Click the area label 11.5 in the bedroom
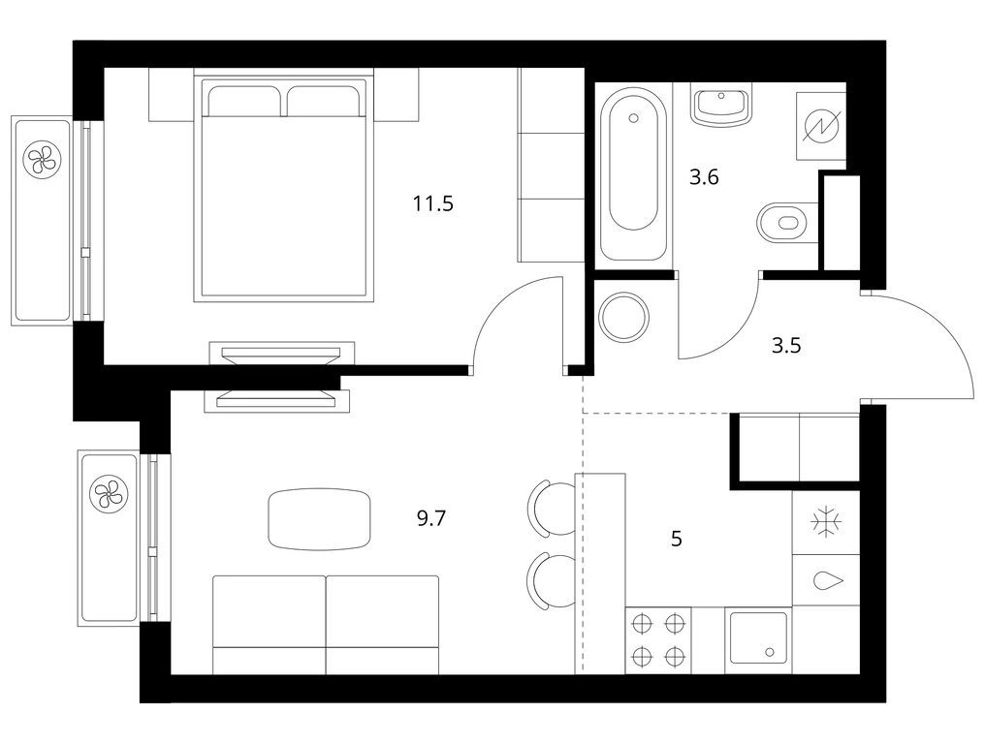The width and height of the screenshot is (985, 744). pos(432,203)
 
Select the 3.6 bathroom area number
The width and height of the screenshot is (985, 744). pos(704,177)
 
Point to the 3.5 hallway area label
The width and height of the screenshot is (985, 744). pos(786,345)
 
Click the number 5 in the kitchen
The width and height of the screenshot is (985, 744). pos(677,539)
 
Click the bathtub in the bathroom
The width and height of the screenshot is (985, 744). pos(633,174)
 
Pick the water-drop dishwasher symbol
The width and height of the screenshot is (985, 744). pos(825,580)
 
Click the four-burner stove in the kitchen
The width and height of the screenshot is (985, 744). pos(657,640)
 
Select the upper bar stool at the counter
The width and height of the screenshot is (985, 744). pos(553,508)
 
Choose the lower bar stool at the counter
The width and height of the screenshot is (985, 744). pos(553,580)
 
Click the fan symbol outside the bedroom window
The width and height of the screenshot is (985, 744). pos(42,158)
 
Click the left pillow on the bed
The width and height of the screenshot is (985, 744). pos(243,101)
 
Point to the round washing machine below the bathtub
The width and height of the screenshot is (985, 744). pos(623,317)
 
